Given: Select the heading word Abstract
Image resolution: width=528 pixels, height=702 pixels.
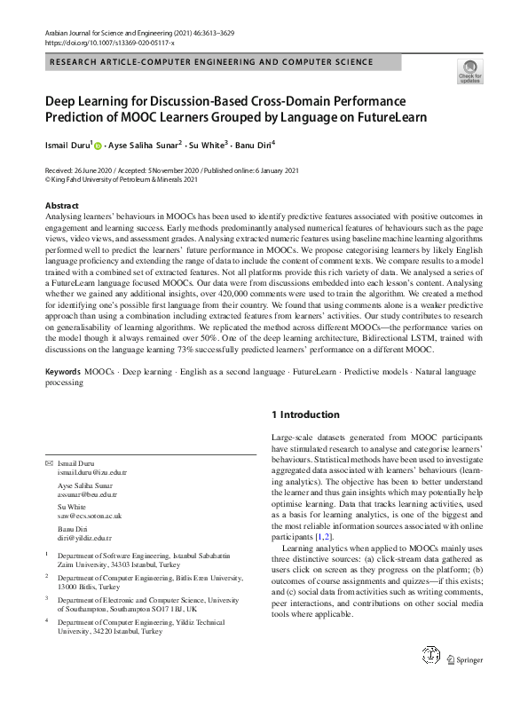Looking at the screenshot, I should pos(61,205).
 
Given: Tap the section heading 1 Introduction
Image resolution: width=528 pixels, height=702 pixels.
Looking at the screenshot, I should pos(304,414).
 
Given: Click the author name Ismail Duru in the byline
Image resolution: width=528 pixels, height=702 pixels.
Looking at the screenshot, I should pos(67,143).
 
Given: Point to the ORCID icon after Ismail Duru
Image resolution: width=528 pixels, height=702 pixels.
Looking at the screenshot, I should pos(97,144).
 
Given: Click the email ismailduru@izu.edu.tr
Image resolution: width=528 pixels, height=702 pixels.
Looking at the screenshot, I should pos(91,474).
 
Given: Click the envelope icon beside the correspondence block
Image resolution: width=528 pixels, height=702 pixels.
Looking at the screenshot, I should pos(48,465).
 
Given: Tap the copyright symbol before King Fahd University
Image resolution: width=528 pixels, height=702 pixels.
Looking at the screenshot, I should pos(48,177).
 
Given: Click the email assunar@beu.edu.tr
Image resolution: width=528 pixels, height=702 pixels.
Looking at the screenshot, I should pos(90,495).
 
